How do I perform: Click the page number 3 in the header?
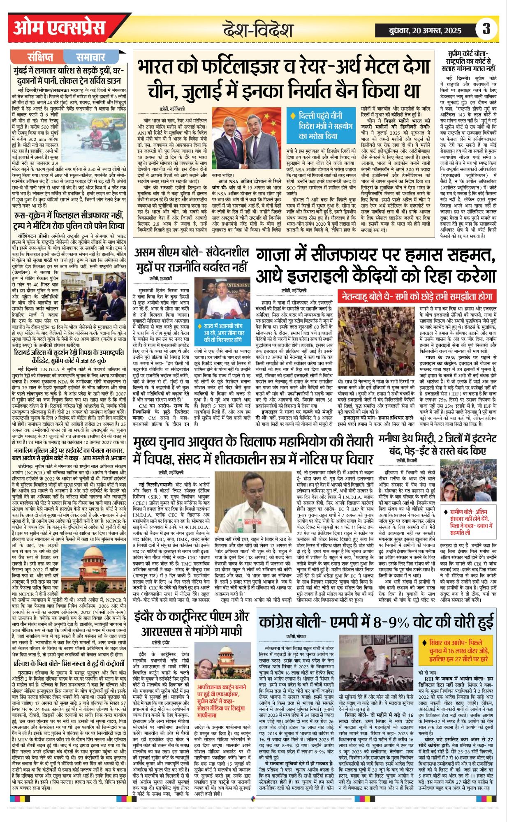coord(486,29)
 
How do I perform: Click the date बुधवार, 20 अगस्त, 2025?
coord(425,30)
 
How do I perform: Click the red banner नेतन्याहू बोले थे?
coord(416,296)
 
